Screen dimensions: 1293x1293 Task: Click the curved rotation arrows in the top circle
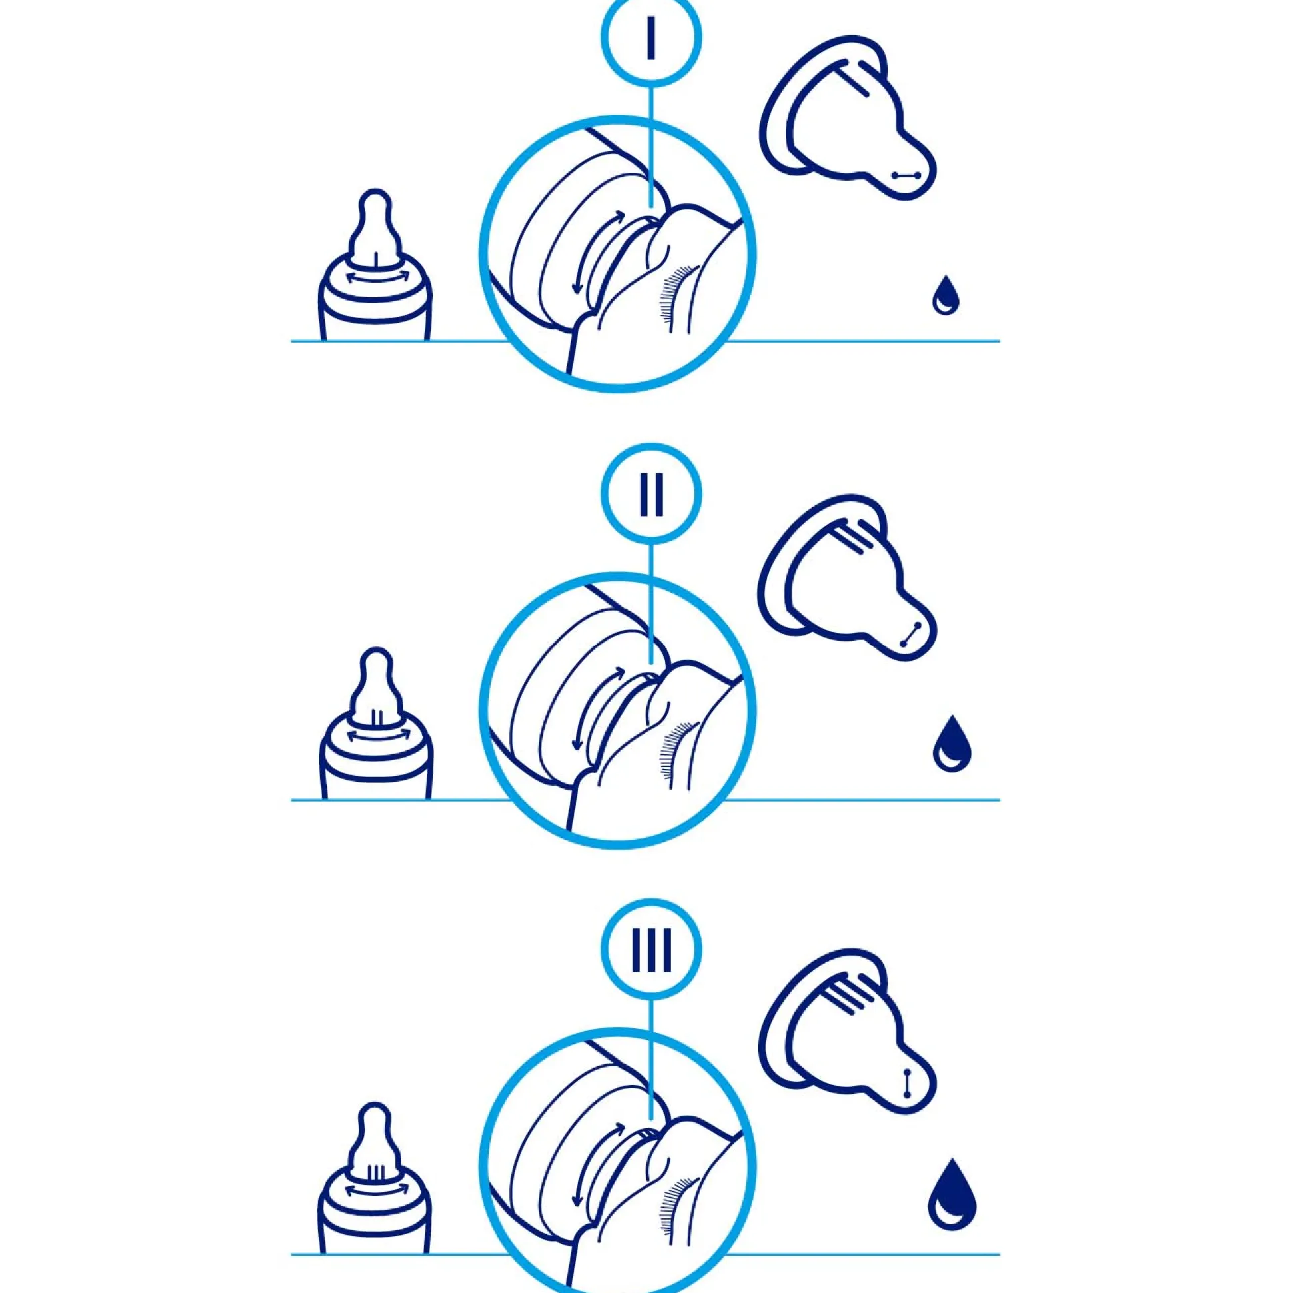coord(597,253)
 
